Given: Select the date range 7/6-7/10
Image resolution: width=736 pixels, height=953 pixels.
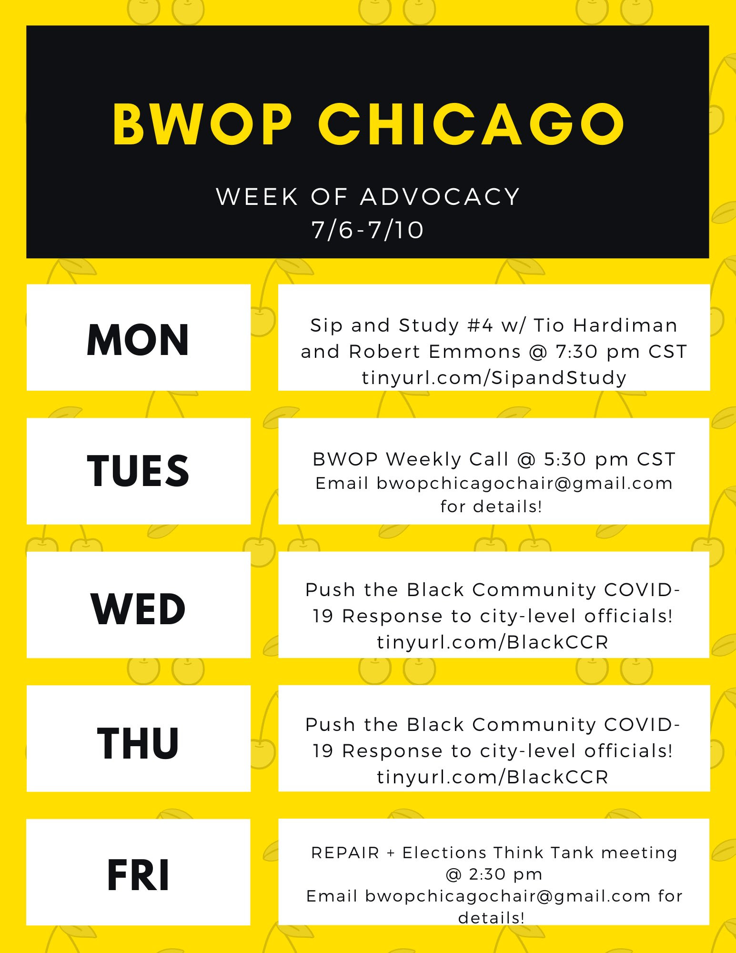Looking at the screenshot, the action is pyautogui.click(x=368, y=230).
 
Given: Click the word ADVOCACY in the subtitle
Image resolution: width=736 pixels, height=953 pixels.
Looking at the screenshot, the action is pyautogui.click(x=440, y=197).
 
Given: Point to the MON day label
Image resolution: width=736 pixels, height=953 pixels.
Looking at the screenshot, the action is pyautogui.click(x=138, y=340).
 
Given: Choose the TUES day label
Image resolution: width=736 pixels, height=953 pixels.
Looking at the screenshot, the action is pyautogui.click(x=138, y=471).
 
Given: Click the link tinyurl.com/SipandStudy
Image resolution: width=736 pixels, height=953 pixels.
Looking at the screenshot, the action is pyautogui.click(x=494, y=378).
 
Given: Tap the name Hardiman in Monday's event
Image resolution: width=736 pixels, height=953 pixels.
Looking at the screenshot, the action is pyautogui.click(x=625, y=325).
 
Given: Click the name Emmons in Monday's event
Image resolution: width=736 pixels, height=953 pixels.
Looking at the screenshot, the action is pyautogui.click(x=475, y=352).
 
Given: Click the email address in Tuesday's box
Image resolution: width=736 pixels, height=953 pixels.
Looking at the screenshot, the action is pyautogui.click(x=524, y=484).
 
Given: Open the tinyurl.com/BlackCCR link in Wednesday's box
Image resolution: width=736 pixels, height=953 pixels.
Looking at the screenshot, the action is pyautogui.click(x=493, y=642).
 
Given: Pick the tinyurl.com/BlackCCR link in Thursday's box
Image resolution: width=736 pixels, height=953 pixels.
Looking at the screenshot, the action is pyautogui.click(x=493, y=777).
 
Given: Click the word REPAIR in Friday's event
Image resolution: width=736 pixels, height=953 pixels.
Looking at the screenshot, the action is pyautogui.click(x=345, y=852).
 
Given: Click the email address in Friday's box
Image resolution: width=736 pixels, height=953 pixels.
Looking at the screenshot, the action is pyautogui.click(x=508, y=896).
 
